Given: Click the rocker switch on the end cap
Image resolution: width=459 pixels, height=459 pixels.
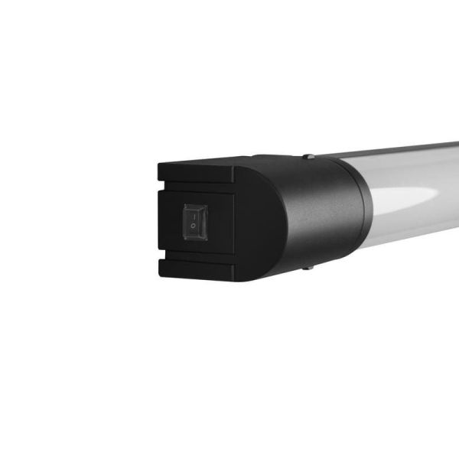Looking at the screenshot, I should point(194,220).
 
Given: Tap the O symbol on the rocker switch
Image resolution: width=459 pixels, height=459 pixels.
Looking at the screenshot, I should point(194,228).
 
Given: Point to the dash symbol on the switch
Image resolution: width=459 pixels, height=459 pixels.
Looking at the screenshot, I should point(194,213).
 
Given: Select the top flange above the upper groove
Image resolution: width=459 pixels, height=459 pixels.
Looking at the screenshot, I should point(199,169).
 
